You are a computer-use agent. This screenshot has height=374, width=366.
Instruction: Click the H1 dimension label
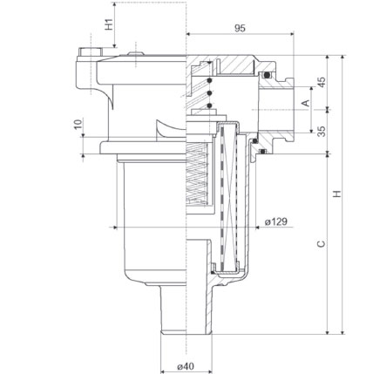(109, 24)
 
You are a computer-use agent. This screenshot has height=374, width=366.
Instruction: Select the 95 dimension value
(240, 28)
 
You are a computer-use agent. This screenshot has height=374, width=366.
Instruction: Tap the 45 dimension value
(322, 82)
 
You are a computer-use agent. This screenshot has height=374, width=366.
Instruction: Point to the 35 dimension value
(322, 132)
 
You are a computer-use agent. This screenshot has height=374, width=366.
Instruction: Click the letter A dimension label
(306, 103)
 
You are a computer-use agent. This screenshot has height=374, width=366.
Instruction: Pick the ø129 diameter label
(276, 221)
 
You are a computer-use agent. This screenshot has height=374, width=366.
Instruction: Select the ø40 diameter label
(186, 366)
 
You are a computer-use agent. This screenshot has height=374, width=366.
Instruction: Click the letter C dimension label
(321, 243)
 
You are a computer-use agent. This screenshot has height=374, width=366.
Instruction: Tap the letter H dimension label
(337, 194)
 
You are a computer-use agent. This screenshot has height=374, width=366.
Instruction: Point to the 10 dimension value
(78, 124)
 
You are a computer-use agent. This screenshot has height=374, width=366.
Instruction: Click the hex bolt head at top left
(90, 51)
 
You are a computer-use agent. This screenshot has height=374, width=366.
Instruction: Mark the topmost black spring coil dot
(209, 80)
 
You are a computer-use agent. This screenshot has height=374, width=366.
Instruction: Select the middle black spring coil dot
(209, 93)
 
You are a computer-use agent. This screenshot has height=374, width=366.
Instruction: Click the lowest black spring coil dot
(209, 105)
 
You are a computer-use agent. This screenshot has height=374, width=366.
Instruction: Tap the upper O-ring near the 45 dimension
(267, 76)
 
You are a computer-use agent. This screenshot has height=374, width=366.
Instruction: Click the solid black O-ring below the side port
(254, 141)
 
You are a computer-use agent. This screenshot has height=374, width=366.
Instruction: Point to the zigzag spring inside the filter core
(197, 173)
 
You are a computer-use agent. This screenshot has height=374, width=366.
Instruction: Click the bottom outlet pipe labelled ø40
(186, 309)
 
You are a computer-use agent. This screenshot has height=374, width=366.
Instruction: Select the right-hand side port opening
(276, 110)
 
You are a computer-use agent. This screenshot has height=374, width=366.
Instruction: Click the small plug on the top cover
(136, 53)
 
